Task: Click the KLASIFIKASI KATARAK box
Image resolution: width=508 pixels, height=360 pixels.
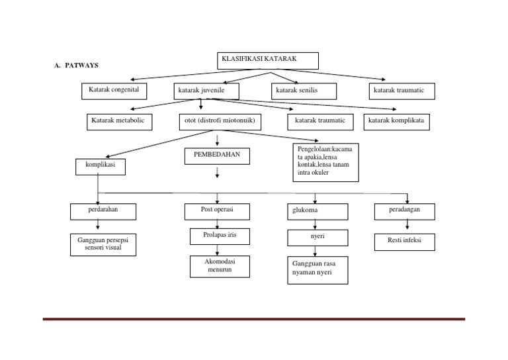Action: pos(268,61)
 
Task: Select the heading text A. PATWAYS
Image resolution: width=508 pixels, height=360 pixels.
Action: pos(76,66)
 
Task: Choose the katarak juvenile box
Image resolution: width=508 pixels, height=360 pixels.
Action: pos(206,91)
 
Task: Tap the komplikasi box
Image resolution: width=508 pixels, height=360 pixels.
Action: pos(101,167)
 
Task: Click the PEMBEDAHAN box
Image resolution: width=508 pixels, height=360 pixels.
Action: pos(217,156)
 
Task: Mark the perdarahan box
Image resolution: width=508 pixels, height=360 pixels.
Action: pos(97,211)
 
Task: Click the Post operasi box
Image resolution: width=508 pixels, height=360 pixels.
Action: pos(217,211)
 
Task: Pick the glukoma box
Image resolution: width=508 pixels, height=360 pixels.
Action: pos(317,212)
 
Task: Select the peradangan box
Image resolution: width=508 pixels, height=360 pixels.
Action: pos(405,211)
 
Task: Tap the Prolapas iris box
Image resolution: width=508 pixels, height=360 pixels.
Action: pos(217,236)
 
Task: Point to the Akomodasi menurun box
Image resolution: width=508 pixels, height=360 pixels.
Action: pos(217,267)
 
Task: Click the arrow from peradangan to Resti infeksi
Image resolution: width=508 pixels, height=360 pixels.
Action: pos(406,226)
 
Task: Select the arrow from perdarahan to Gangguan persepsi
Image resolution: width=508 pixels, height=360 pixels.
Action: pos(97,226)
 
